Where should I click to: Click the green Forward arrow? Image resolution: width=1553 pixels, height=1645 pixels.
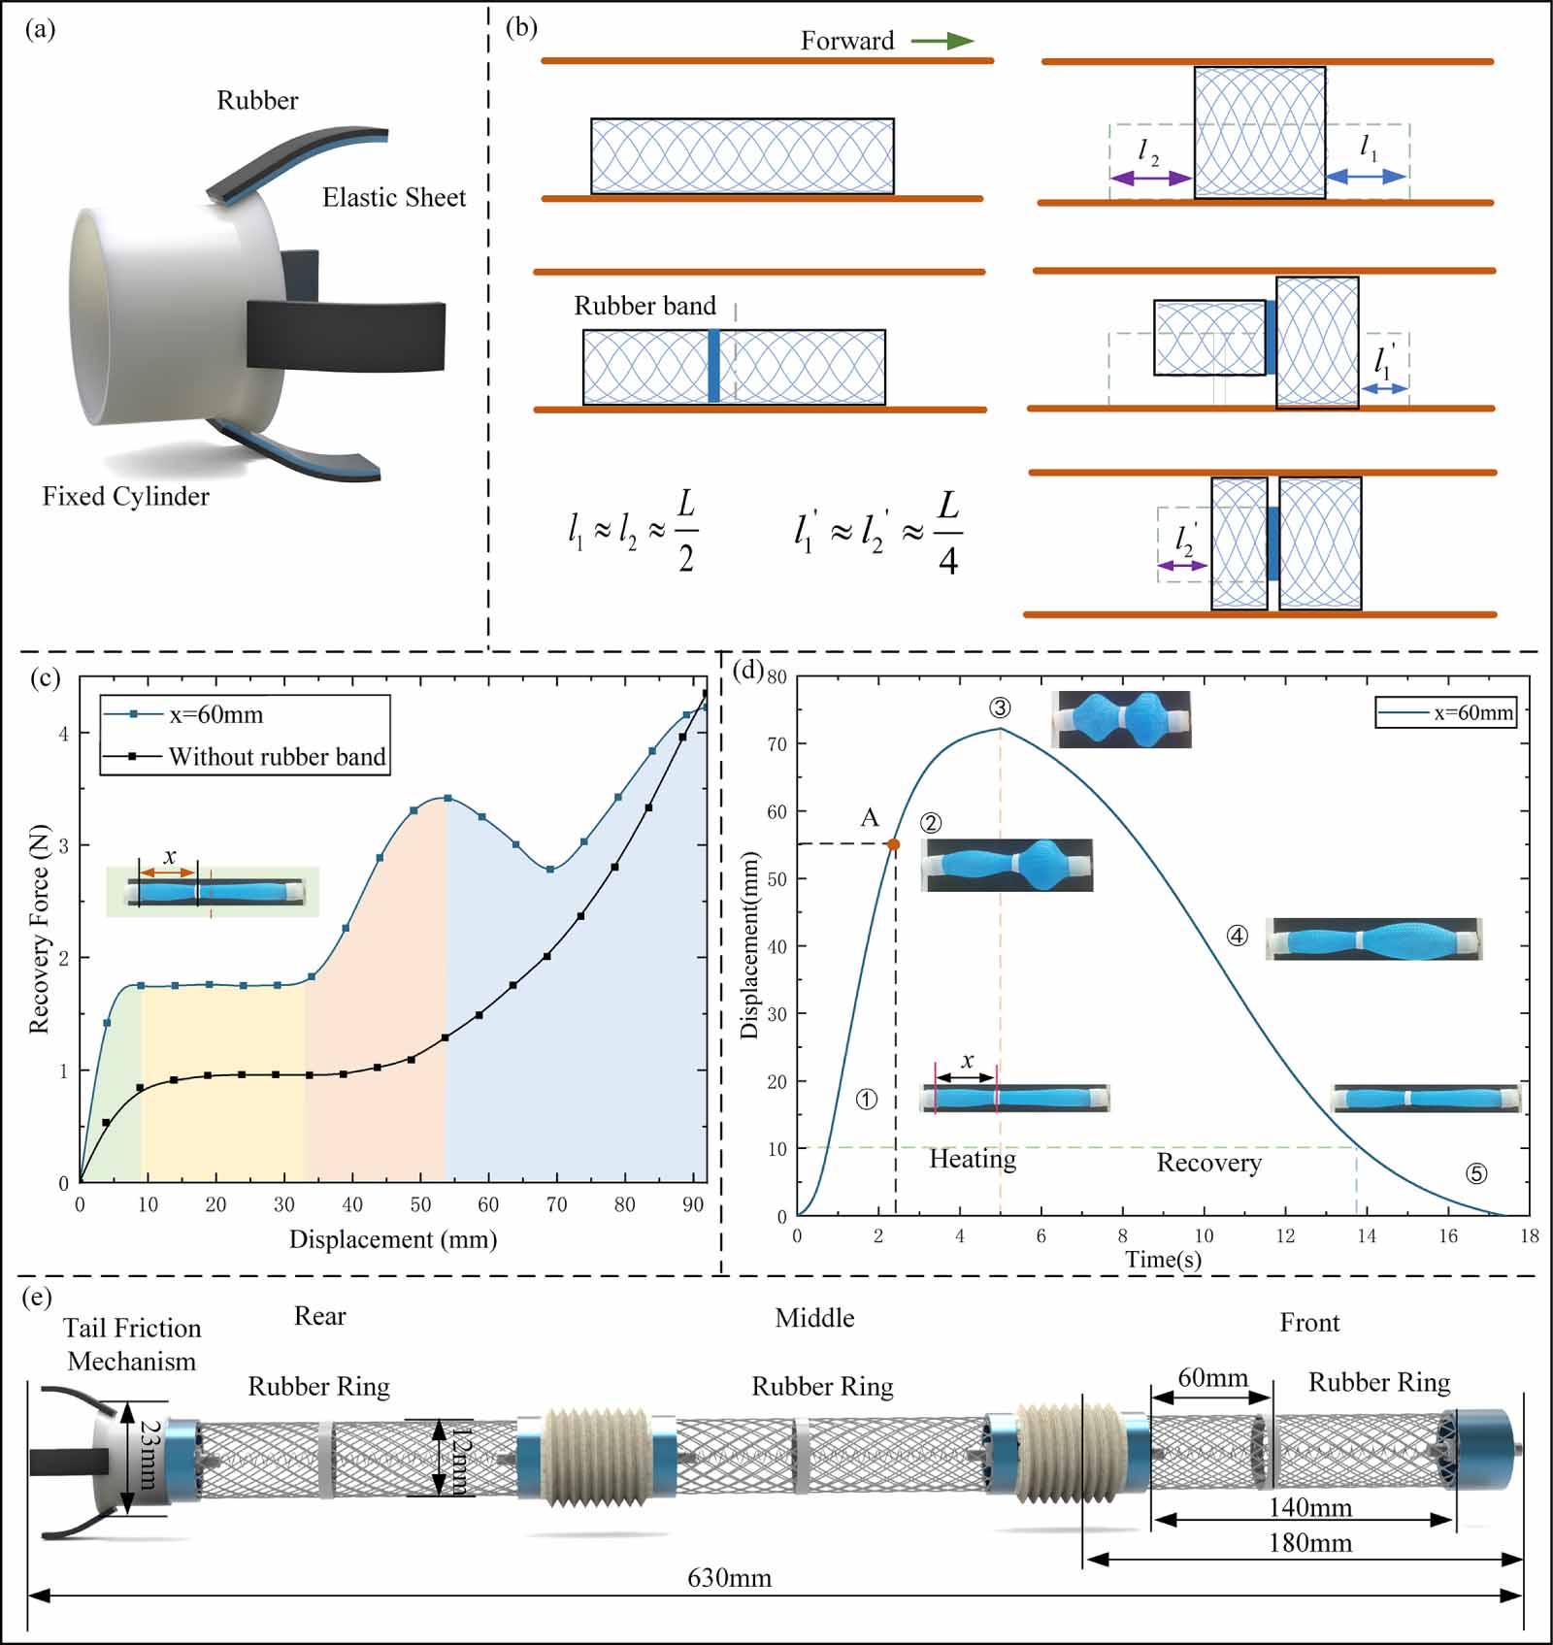(942, 41)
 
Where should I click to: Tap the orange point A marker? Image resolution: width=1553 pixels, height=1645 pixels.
(894, 844)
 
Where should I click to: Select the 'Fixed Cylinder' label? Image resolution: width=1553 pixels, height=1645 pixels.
(125, 496)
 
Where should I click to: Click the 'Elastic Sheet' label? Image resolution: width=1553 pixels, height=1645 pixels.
(394, 197)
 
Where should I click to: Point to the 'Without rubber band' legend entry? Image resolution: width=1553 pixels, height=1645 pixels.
(277, 756)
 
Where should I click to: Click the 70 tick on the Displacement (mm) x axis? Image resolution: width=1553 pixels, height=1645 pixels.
(556, 1204)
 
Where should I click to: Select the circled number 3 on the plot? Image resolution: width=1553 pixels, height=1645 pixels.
(1000, 707)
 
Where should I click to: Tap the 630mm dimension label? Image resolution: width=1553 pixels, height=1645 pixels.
(729, 1577)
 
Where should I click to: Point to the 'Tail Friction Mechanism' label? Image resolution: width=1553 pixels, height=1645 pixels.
(132, 1344)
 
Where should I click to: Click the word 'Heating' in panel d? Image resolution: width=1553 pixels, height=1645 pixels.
(973, 1159)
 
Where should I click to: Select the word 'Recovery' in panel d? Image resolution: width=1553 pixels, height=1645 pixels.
(1208, 1162)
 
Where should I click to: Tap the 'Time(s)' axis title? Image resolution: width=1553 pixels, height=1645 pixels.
(1163, 1259)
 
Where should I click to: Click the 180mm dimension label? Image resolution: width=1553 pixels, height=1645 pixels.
(1310, 1542)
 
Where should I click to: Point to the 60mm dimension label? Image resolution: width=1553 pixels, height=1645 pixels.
(1212, 1377)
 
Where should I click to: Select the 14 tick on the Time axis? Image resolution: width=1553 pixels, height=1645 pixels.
(1367, 1235)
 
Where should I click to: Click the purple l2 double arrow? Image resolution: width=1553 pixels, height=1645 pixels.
(1150, 179)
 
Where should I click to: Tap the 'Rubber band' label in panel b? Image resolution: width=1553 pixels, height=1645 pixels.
(644, 306)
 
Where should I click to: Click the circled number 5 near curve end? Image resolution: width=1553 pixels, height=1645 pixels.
(1475, 1173)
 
